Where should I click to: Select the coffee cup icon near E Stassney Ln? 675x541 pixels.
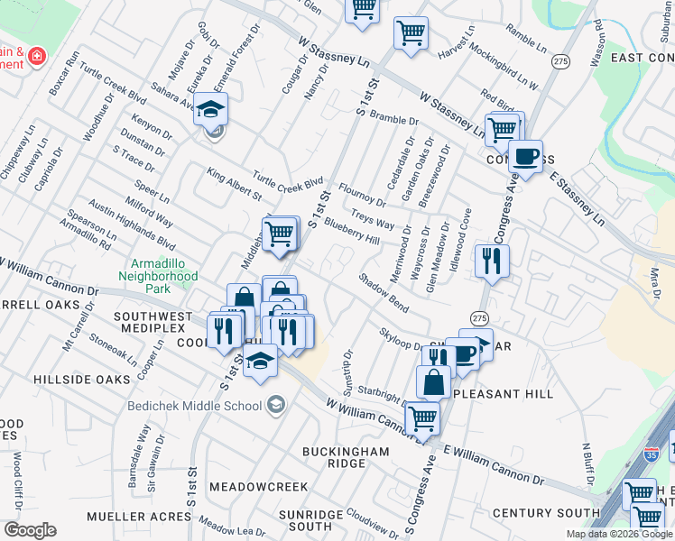point(525,158)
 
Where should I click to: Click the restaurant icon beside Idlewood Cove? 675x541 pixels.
point(492,261)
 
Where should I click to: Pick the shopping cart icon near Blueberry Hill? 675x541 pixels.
point(280,234)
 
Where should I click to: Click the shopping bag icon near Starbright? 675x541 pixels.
point(434,381)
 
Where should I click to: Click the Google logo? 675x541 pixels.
point(30,529)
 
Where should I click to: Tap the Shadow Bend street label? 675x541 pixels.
point(384,293)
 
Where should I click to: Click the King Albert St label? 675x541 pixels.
point(233,183)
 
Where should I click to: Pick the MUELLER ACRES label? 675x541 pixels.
point(138,517)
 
